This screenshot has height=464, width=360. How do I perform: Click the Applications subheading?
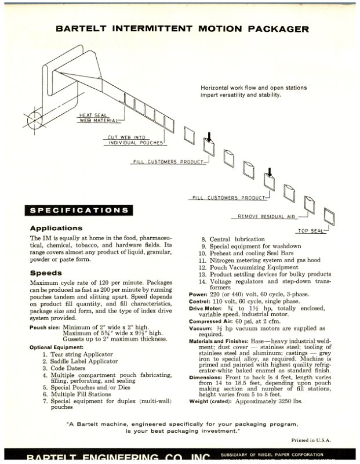point(56,228)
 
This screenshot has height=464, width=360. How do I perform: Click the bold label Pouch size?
point(45,328)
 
